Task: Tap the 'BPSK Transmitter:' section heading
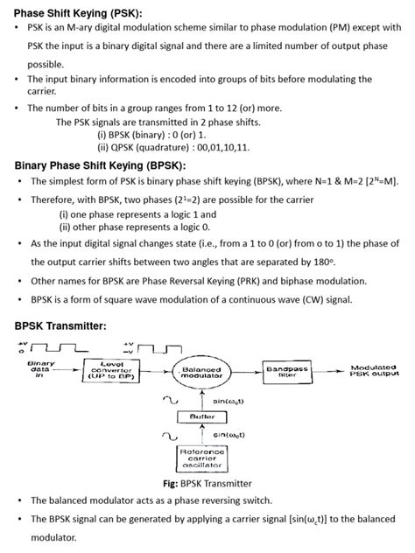pos(61,325)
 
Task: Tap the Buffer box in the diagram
pos(202,416)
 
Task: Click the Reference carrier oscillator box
pos(202,458)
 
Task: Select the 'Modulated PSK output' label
pos(374,371)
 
